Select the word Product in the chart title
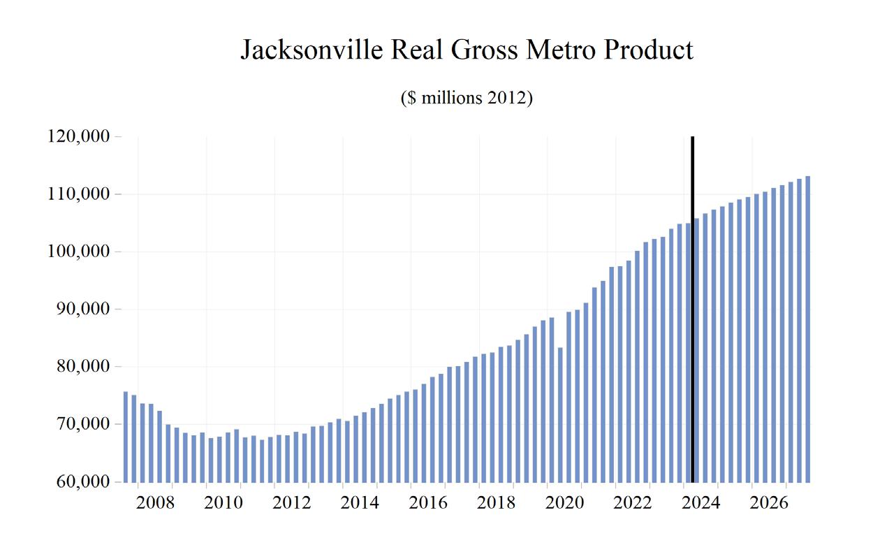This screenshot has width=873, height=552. [x=649, y=50]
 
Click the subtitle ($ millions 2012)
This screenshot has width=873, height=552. [x=467, y=98]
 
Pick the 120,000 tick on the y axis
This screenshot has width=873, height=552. [x=79, y=137]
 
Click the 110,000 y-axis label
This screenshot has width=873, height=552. [x=79, y=194]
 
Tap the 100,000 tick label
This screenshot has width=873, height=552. [x=79, y=252]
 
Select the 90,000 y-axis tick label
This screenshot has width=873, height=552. [x=83, y=310]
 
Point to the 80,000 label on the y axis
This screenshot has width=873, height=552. [x=83, y=367]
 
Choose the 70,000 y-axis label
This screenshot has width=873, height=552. [x=83, y=424]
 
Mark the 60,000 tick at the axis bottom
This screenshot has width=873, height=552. [x=83, y=482]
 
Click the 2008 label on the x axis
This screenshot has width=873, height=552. [x=155, y=503]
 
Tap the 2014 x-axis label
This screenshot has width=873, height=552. [x=360, y=503]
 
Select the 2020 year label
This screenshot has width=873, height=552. [x=564, y=503]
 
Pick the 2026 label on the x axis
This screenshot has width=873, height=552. [x=769, y=503]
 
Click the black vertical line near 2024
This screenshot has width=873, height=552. [x=692, y=307]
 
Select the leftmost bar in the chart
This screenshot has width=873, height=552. [x=126, y=437]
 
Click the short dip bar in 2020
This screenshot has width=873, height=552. [x=560, y=414]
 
